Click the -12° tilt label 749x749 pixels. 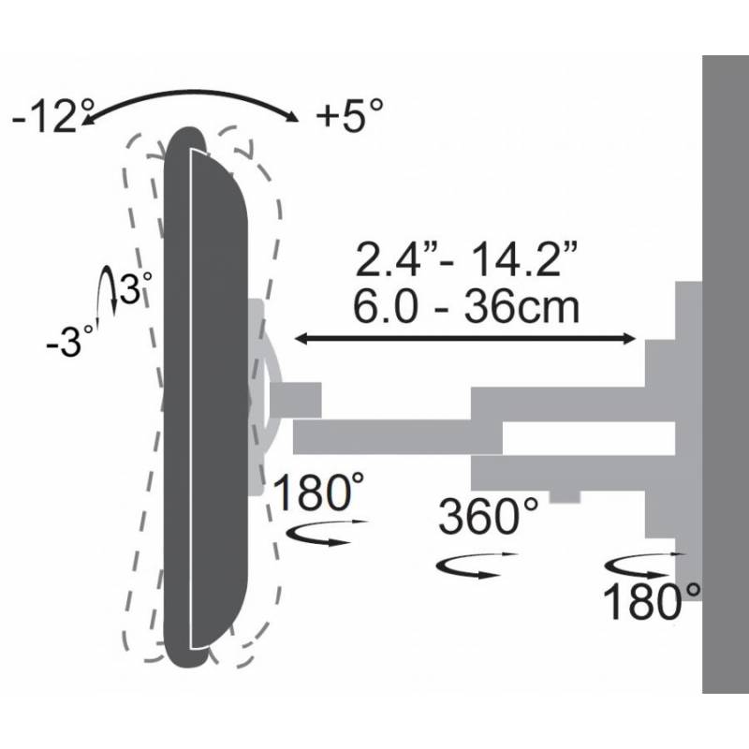[52, 115]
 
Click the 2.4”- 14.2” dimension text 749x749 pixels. [465, 258]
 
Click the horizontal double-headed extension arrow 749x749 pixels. [464, 339]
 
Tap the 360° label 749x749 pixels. [488, 516]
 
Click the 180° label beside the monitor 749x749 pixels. [319, 492]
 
